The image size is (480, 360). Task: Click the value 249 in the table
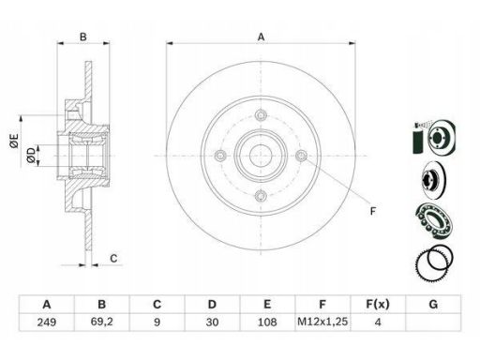click(47, 322)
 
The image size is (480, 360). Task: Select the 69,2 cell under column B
click(101, 322)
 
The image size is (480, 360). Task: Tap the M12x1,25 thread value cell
click(322, 322)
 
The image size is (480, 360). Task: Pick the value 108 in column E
click(267, 322)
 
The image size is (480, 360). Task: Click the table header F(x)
click(378, 304)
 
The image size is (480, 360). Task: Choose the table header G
click(433, 304)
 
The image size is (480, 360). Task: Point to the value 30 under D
click(212, 322)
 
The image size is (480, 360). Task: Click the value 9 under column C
click(157, 322)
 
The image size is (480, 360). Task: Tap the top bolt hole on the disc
click(261, 115)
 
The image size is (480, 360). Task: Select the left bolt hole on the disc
click(220, 156)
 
